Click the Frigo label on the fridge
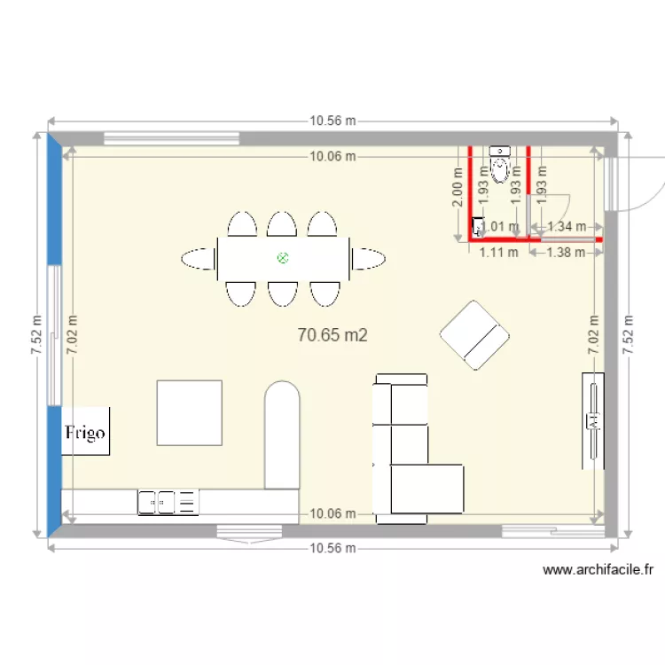click(85, 433)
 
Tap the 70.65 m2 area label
click(332, 334)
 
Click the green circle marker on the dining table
click(283, 258)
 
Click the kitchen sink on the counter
click(168, 503)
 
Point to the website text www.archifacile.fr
click(598, 570)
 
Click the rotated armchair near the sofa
click(475, 334)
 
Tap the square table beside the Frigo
click(190, 412)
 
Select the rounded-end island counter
click(283, 435)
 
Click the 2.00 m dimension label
click(458, 191)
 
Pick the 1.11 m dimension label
click(497, 252)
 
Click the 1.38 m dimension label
click(567, 252)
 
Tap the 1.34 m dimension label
click(567, 226)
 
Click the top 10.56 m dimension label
click(332, 121)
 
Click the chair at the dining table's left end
click(199, 259)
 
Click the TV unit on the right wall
click(593, 421)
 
